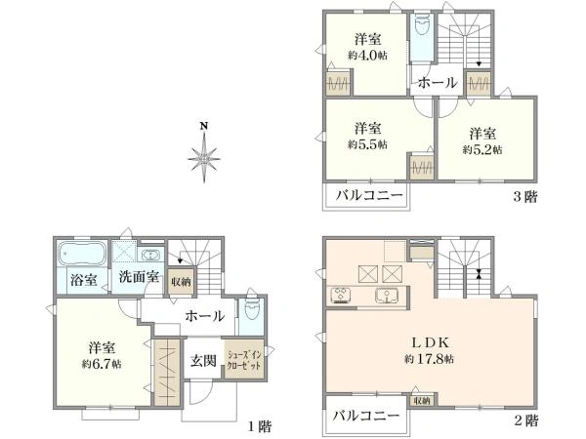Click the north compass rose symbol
(x=204, y=155)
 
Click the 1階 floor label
(x=258, y=424)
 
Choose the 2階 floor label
(x=524, y=421)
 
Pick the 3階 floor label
(x=523, y=196)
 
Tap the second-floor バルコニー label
(x=366, y=417)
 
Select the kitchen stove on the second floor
(x=342, y=295)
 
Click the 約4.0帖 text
(x=367, y=56)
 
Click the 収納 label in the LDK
(x=421, y=400)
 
